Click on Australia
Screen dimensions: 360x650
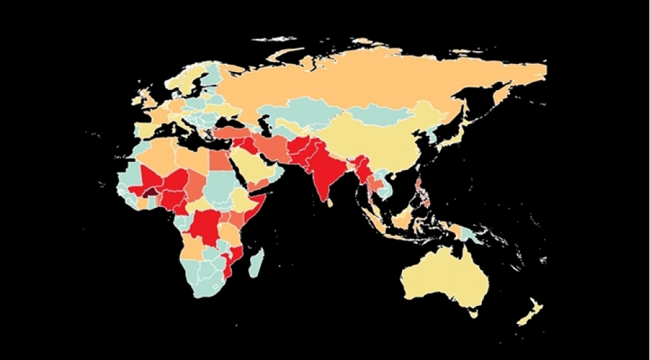click(443, 277)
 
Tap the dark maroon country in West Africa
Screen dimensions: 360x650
click(152, 192)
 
